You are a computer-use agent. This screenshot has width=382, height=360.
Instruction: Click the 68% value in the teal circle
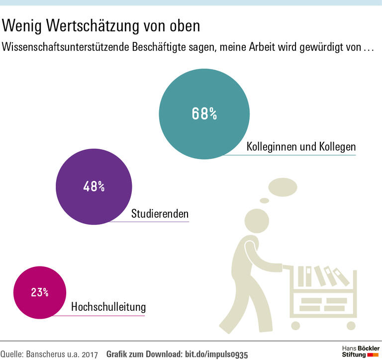204,114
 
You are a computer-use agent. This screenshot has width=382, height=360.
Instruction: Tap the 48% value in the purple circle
94,187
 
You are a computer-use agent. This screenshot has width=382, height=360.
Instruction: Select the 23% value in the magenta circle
39,292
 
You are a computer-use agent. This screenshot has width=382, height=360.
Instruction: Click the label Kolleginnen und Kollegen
301,147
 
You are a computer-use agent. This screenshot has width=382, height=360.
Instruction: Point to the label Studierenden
160,214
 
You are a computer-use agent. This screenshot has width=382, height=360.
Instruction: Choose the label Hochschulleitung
108,307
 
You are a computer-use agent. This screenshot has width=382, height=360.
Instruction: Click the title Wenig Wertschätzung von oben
101,25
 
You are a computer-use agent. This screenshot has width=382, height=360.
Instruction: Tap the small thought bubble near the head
264,200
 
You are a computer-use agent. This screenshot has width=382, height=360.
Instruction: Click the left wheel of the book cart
295,325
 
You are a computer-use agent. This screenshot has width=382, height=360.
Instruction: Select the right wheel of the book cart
352,325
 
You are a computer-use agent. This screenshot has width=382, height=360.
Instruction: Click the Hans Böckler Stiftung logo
361,351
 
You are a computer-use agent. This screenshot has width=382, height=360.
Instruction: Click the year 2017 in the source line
90,354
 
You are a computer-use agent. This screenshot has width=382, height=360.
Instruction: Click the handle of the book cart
287,267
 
